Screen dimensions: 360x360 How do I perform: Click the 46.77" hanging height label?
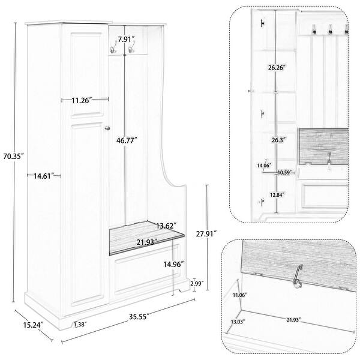pyautogui.click(x=127, y=140)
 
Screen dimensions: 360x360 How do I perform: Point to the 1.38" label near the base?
pyautogui.click(x=79, y=325)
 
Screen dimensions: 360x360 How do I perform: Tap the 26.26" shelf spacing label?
pyautogui.click(x=277, y=68)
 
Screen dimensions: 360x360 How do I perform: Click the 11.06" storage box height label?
pyautogui.click(x=238, y=295)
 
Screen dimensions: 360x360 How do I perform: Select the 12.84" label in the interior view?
pyautogui.click(x=276, y=194)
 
